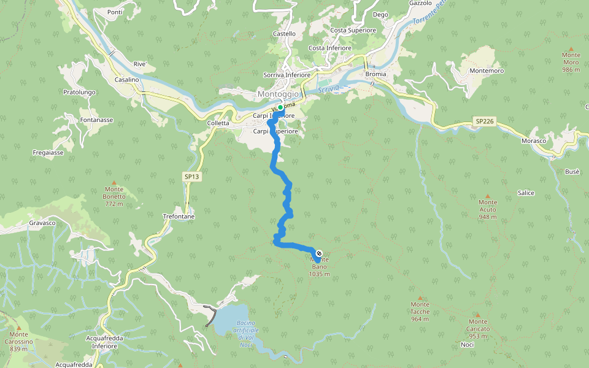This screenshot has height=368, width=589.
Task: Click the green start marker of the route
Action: pos(280,107)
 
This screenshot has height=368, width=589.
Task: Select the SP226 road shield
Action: pos(484,122)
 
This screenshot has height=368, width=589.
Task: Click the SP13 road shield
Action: pos(192,177)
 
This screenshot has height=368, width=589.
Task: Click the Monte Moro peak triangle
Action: pos(571,48)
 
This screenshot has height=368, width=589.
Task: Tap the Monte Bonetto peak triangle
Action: pos(114,182)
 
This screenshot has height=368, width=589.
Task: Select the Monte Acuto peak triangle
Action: pos(488,195)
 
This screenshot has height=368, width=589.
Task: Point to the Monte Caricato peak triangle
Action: pos(478,315)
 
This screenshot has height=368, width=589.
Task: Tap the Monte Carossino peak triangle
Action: pos(19,328)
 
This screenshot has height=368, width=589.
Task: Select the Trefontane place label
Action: pos(179,217)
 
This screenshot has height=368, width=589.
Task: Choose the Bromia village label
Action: pos(375,74)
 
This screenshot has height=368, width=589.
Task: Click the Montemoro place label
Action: pos(487,71)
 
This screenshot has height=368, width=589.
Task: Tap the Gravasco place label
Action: pos(42,223)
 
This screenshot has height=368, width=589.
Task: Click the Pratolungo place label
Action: pos(79,93)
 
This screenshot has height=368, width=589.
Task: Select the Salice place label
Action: pos(526,193)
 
